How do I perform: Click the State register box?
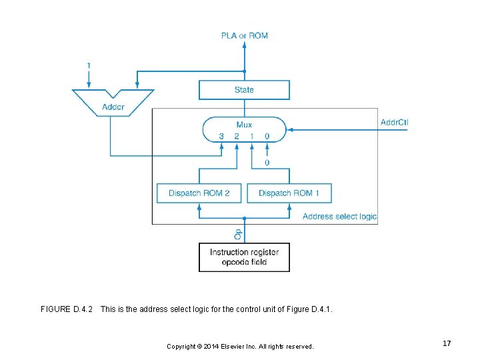244,90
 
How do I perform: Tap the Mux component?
244,129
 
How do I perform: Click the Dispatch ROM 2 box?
199,193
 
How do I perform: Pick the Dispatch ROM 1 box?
289,193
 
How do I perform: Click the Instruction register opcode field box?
244,257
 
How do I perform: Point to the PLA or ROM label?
245,35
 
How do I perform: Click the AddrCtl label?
395,122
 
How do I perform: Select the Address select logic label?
339,217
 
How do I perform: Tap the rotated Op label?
238,233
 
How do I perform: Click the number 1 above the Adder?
89,65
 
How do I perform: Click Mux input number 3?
221,137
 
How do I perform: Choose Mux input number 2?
236,137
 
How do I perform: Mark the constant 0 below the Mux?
267,163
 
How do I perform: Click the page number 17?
447,343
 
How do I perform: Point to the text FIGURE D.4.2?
67,309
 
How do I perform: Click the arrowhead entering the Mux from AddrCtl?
289,130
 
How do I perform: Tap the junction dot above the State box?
244,71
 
